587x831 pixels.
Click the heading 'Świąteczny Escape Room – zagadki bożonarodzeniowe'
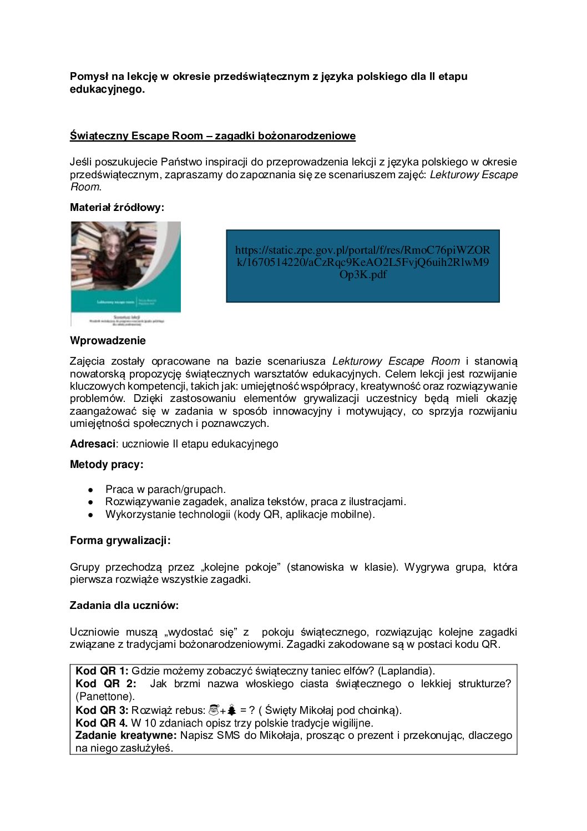212,136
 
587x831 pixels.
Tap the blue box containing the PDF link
363,266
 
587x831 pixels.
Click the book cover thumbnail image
126,273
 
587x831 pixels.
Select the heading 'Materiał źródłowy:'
117,208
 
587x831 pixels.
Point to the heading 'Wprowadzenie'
108,341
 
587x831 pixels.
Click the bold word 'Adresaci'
93,444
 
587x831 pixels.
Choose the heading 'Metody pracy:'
107,465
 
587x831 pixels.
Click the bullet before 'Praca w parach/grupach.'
90,490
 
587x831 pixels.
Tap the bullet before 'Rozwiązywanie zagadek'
90,502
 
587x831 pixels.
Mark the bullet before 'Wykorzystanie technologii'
90,515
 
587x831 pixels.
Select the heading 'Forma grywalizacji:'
120,541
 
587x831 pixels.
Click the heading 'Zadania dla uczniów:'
124,606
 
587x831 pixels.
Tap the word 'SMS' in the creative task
229,736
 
